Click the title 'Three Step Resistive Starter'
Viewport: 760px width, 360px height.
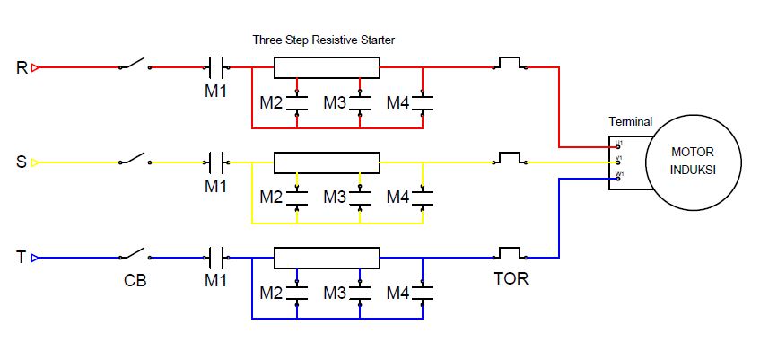coord(323,40)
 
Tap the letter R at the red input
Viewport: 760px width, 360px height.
coord(22,67)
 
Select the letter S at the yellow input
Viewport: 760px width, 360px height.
coord(22,162)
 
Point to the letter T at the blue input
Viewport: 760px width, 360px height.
coord(22,258)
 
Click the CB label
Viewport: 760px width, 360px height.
coord(135,280)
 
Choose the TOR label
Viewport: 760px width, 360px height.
coord(511,279)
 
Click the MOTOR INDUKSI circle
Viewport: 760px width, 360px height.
coord(692,162)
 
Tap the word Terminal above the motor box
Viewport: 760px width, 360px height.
coord(631,122)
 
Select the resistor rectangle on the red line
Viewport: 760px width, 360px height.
coord(324,67)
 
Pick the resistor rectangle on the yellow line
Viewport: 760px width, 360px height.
coord(324,162)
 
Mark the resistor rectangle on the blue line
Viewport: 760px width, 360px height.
coord(324,258)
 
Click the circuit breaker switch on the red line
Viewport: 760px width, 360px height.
coord(135,65)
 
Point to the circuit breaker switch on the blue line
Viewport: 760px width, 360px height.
coord(135,255)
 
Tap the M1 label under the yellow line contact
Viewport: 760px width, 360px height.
coord(216,186)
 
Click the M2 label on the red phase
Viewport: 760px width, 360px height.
coord(271,103)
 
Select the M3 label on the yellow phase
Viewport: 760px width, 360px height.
coord(335,197)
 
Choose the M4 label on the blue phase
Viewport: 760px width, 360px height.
coord(397,293)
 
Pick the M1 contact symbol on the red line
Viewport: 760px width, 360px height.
coord(216,67)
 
